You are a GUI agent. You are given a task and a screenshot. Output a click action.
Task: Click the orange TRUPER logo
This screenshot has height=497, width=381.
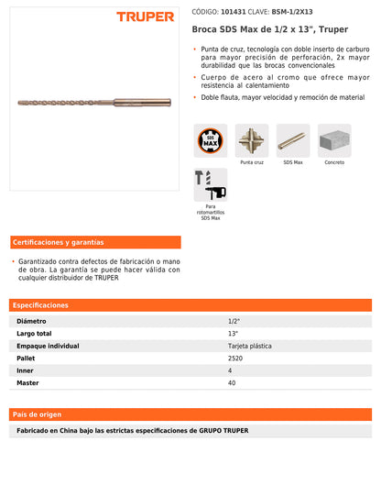click(146, 17)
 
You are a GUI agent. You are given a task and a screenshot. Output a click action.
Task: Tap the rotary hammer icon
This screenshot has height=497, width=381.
click(211, 184)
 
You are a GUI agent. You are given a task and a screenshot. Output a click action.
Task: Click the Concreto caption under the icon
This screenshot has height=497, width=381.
click(334, 162)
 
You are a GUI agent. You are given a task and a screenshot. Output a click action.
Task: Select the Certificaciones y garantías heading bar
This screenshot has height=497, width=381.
click(95, 242)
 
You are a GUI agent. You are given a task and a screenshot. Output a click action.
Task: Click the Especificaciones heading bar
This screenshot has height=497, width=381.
click(190, 304)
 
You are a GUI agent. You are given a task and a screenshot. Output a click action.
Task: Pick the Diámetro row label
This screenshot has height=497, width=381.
click(33, 322)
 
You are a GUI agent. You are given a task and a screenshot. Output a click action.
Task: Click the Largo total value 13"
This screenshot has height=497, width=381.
click(234, 334)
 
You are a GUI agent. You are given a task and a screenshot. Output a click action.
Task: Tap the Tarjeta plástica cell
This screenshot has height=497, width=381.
click(249, 346)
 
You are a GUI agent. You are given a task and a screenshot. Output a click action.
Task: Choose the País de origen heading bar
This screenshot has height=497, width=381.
click(190, 414)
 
